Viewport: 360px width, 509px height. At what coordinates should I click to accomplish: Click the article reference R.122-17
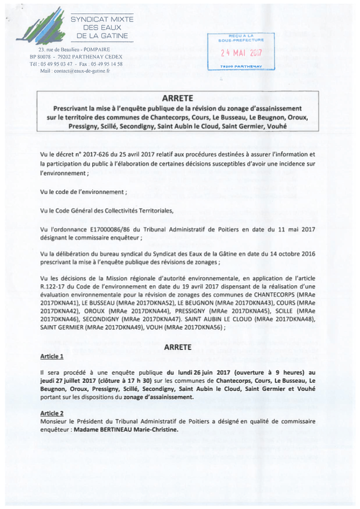(x=53, y=288)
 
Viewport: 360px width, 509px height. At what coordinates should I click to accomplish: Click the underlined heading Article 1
(x=52, y=356)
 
